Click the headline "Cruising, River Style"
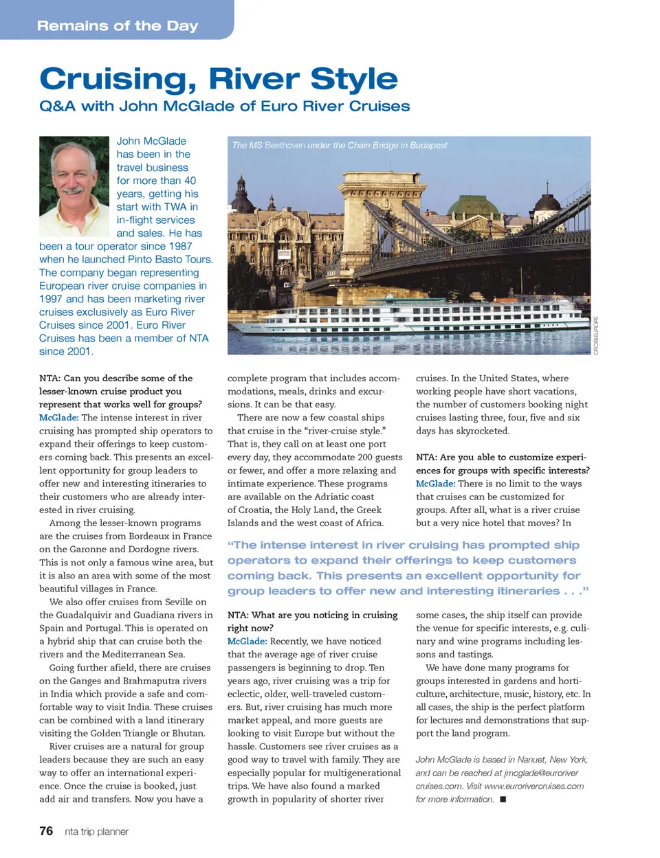pyautogui.click(x=218, y=79)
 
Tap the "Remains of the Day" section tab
pyautogui.click(x=118, y=26)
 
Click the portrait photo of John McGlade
pyautogui.click(x=74, y=186)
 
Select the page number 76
pyautogui.click(x=46, y=831)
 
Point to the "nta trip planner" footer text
pyautogui.click(x=96, y=832)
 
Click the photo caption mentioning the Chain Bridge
pyautogui.click(x=340, y=145)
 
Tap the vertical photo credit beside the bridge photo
pyautogui.click(x=596, y=335)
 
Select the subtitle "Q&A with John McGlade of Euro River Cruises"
pyautogui.click(x=224, y=106)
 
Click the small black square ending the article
pyautogui.click(x=503, y=799)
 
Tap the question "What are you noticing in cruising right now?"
pyautogui.click(x=313, y=621)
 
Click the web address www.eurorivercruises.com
pyautogui.click(x=533, y=786)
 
